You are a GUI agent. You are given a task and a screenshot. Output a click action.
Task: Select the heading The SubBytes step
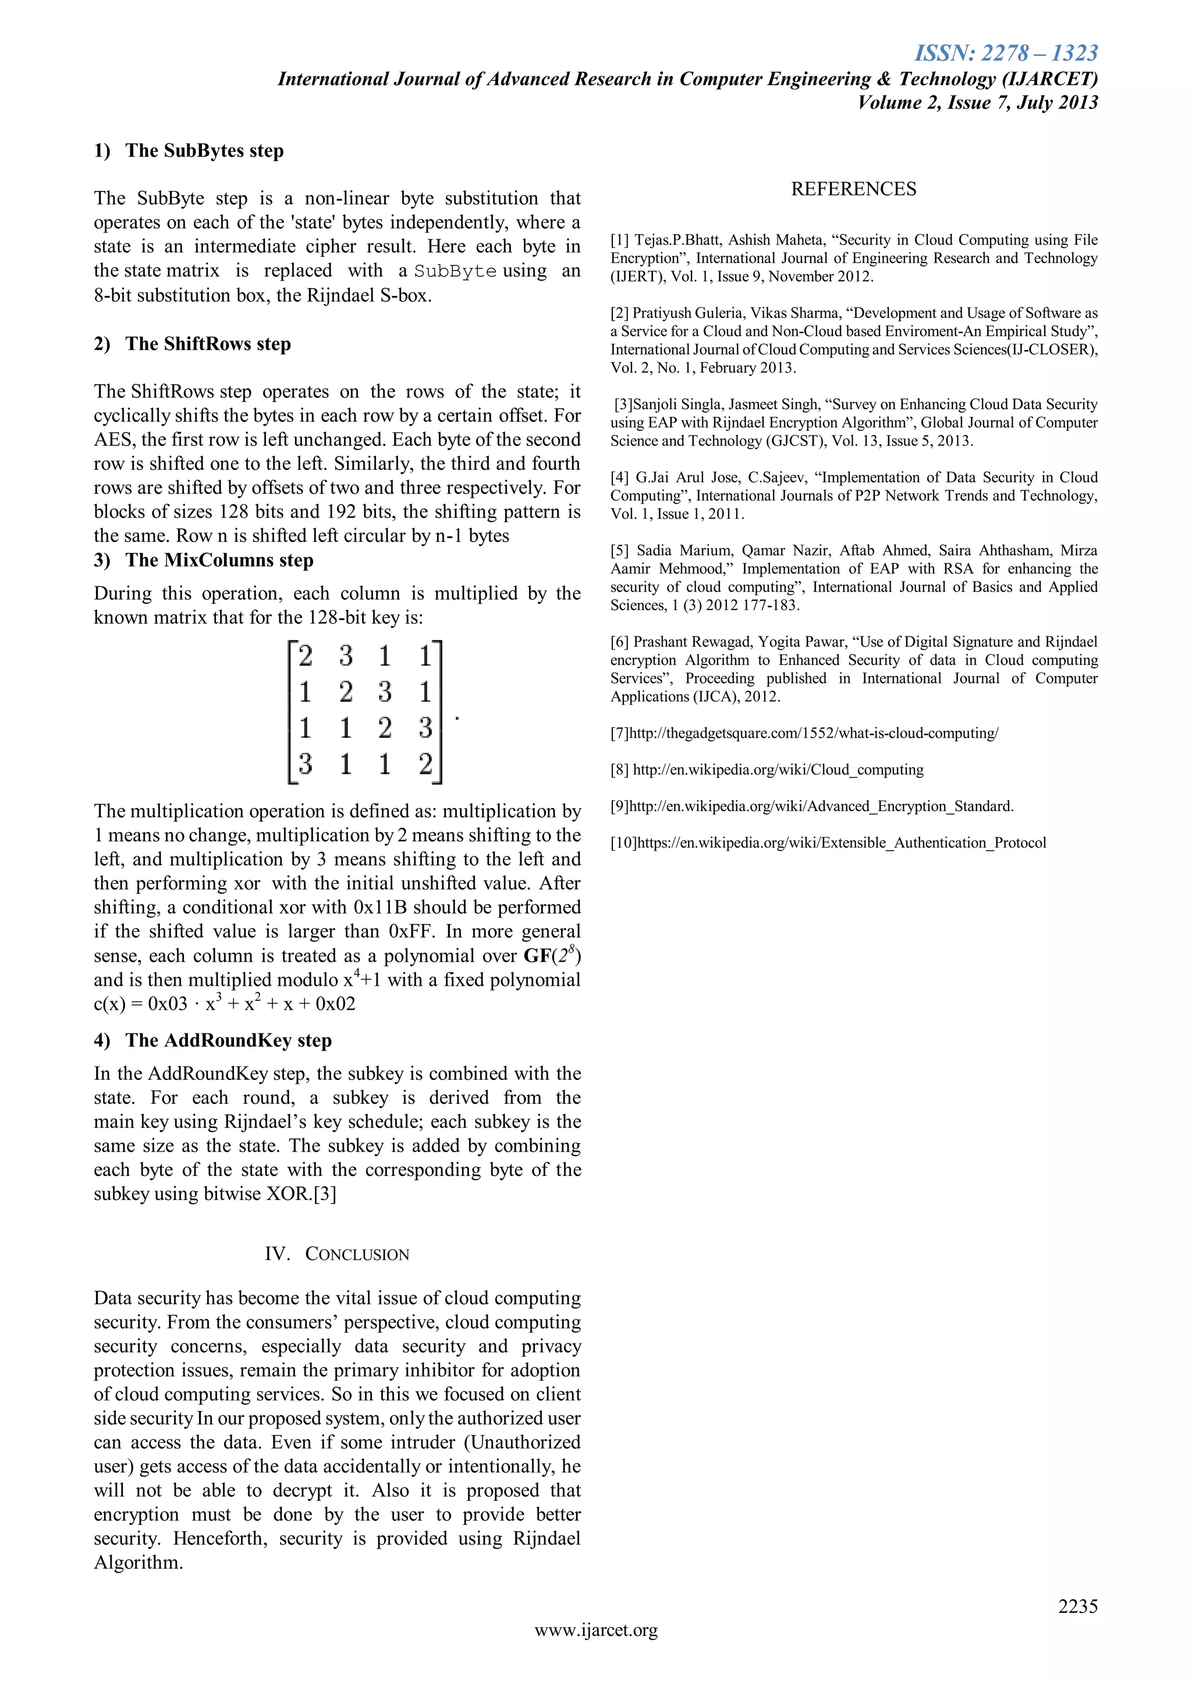tap(204, 151)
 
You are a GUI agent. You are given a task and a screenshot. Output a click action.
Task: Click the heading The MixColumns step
tap(219, 560)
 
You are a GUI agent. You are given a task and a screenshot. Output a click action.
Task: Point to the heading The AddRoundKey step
tap(228, 1040)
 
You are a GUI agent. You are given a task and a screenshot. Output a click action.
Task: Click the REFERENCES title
tap(853, 189)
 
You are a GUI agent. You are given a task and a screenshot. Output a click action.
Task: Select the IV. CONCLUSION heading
tap(337, 1254)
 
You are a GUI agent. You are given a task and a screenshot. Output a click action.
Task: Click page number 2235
tap(1077, 1607)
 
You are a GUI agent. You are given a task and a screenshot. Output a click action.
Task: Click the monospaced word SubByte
tap(455, 272)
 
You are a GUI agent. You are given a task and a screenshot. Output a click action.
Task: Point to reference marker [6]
tap(620, 642)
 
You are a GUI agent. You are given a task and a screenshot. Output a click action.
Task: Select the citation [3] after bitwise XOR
tap(324, 1194)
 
